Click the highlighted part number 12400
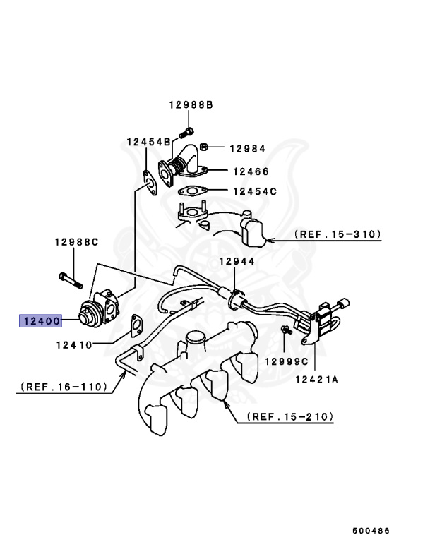[40, 321]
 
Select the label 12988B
[191, 105]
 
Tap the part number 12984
[247, 148]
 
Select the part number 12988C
[76, 242]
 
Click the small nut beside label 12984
[203, 147]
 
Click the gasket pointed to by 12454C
[191, 191]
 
